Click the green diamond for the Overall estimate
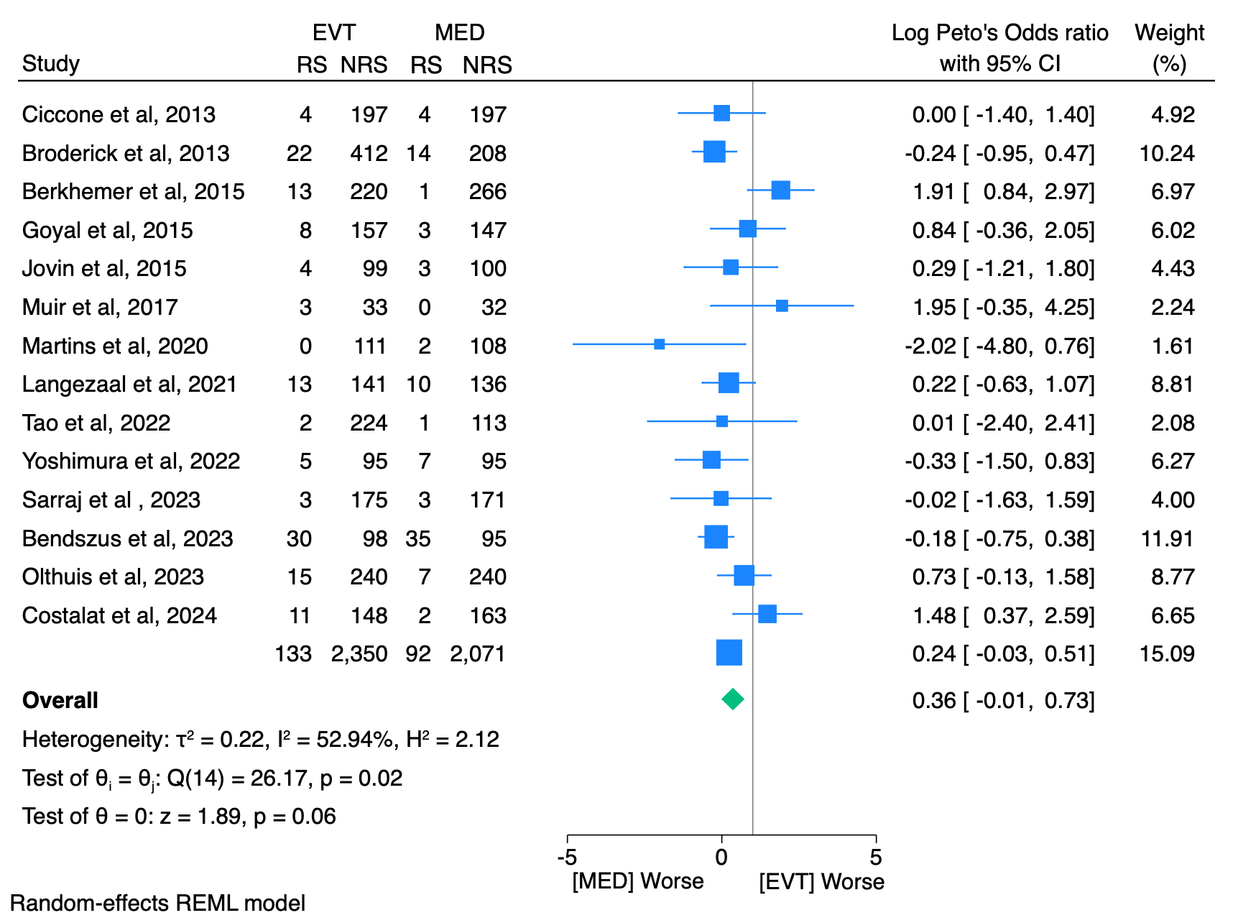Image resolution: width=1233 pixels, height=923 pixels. coord(732,699)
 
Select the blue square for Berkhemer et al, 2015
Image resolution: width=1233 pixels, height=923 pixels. coord(780,190)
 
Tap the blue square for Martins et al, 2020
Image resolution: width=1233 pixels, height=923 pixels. coord(659,344)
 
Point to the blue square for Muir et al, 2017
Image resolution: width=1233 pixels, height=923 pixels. coord(782,306)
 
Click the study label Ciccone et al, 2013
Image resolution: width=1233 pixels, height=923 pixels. coord(119,114)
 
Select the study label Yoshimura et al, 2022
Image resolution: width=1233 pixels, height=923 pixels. coord(131,461)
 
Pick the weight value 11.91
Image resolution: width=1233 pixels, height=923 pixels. coord(1167,538)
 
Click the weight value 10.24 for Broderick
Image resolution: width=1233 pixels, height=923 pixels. coord(1167,153)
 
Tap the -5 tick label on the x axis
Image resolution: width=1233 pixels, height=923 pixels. coord(567,857)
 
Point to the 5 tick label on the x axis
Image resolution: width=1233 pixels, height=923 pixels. coord(875,857)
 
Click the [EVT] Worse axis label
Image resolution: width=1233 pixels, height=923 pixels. coord(821,881)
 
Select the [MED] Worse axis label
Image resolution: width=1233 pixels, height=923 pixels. coord(637,881)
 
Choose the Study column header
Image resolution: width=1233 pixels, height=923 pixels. coord(51,63)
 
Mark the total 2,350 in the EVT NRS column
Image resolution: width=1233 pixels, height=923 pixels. coord(359,653)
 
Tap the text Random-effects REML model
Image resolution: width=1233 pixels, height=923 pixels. coord(157,903)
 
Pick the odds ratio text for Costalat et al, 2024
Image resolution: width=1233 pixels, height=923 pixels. coord(1003,615)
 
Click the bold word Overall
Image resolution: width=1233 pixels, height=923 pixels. coord(60,700)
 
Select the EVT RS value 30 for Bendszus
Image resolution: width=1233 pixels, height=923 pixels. coord(299,538)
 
